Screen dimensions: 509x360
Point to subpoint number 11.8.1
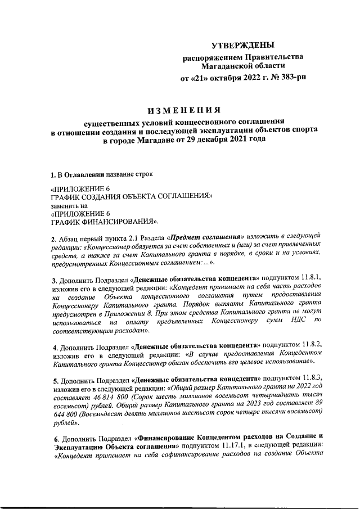tap(308, 278)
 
